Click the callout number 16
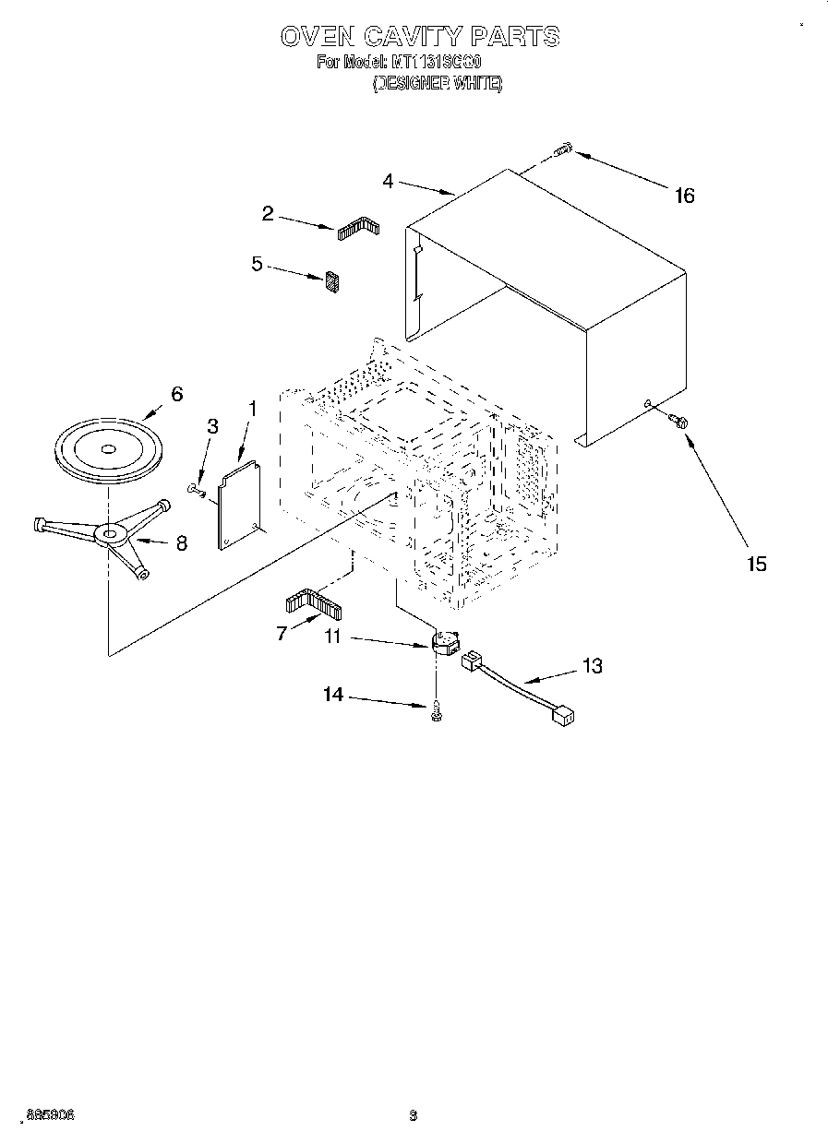684,196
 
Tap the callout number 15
756,564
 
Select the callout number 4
388,182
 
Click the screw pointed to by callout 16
564,149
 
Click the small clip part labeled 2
358,229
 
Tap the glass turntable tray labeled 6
108,450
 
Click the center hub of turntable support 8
111,533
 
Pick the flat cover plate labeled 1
238,505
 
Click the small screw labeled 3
195,488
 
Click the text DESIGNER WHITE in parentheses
438,83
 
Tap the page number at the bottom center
414,1114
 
